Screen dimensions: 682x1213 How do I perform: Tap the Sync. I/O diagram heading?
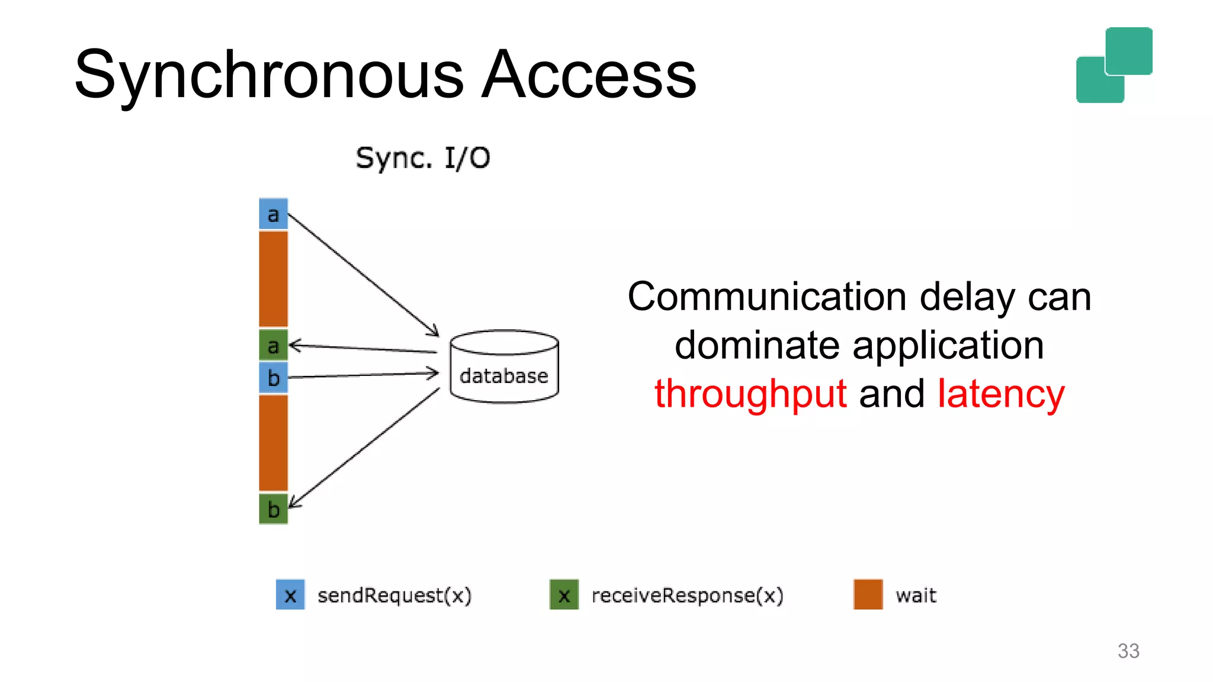[x=423, y=158]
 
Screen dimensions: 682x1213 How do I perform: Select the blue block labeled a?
[x=273, y=214]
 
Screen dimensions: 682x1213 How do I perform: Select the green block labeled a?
[x=273, y=345]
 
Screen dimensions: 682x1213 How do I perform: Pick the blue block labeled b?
[x=273, y=377]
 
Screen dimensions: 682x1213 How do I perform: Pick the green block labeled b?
[x=273, y=509]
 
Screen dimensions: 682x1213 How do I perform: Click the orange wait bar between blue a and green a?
[x=273, y=278]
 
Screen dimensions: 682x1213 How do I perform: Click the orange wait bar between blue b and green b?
[x=273, y=442]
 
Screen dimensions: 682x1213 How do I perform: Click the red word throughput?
[x=750, y=394]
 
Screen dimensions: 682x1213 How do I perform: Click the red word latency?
[x=1001, y=394]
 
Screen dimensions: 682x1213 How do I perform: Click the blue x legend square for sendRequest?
[x=290, y=594]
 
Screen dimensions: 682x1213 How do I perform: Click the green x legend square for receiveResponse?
[x=564, y=594]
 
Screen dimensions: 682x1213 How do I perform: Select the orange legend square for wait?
[x=868, y=594]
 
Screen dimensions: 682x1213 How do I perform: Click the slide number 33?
[x=1128, y=651]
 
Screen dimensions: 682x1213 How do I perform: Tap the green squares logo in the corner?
[x=1114, y=65]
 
